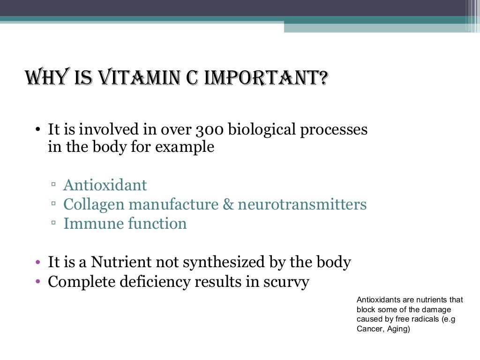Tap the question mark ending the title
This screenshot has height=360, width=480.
[321, 77]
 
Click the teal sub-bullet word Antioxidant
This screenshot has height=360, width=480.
[105, 185]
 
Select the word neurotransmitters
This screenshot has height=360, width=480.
[302, 205]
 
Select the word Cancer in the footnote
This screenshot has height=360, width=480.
[369, 329]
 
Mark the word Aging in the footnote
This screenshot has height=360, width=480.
[396, 329]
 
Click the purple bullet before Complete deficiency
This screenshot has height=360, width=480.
[38, 282]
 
